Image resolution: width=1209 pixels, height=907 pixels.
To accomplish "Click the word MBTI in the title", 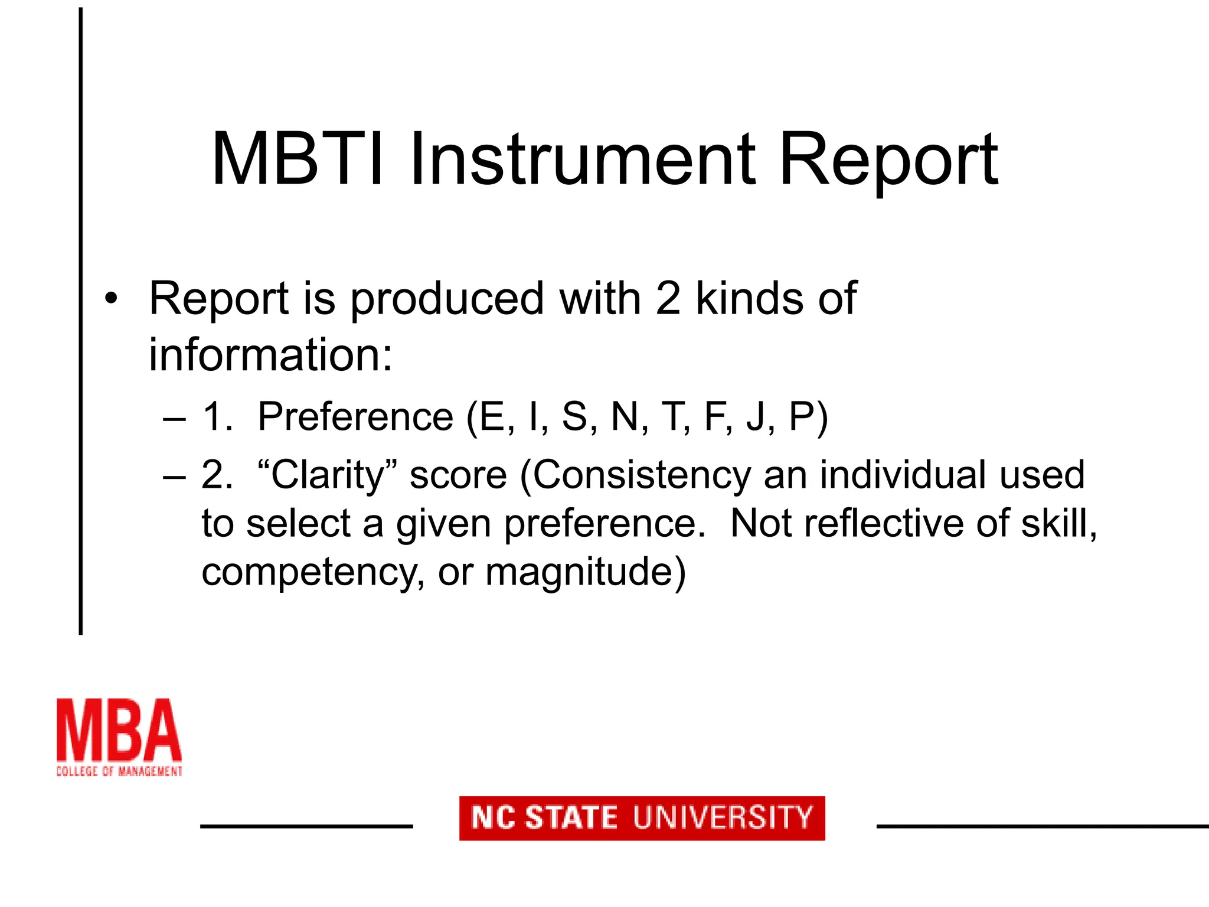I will (x=298, y=160).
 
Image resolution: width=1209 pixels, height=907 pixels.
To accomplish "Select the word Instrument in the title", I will (x=581, y=160).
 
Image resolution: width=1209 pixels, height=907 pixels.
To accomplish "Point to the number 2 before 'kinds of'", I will (x=668, y=299).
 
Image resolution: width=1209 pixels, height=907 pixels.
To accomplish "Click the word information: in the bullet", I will (x=270, y=355).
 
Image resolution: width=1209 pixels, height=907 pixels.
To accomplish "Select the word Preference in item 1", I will (x=355, y=417).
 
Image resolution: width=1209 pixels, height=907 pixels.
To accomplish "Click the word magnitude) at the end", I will (x=585, y=573).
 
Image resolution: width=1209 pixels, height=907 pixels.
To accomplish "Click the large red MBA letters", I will (x=119, y=731).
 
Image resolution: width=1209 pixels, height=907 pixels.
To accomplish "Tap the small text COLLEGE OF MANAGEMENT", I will (x=119, y=771).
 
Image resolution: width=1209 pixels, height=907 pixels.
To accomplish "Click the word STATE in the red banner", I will (x=571, y=818).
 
